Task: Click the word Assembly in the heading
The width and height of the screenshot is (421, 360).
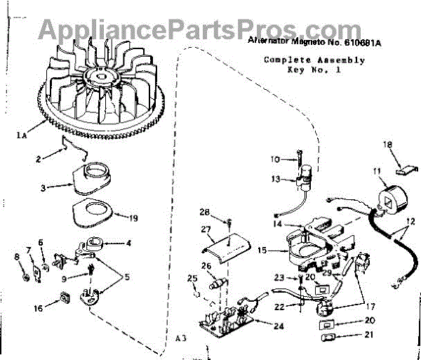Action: click(340, 60)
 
